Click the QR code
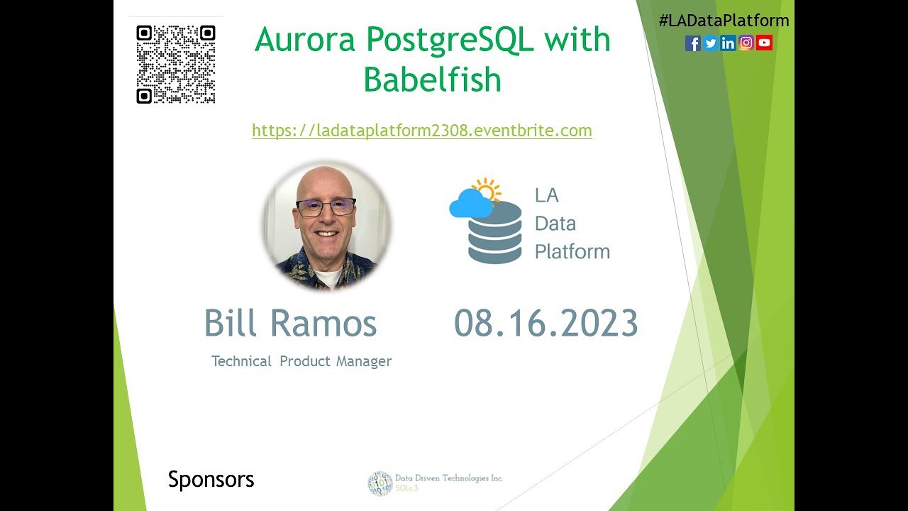click(175, 65)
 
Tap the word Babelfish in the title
click(432, 80)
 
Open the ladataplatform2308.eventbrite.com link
click(421, 131)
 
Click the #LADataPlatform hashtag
click(724, 21)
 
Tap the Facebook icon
click(693, 43)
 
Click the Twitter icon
click(711, 43)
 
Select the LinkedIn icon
click(729, 43)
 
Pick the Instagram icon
click(746, 43)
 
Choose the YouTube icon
click(764, 43)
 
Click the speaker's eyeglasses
click(326, 207)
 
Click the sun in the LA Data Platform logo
click(487, 190)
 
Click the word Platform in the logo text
click(572, 251)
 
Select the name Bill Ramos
click(290, 324)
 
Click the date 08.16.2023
click(546, 324)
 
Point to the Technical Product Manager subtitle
click(301, 361)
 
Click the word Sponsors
click(211, 480)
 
